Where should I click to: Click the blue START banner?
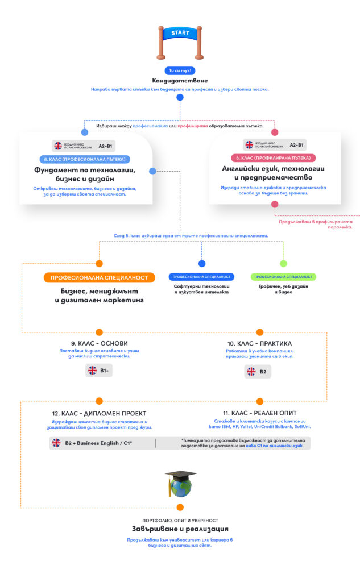[180, 34]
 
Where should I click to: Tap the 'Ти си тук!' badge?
[180, 71]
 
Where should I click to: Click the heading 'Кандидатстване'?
[180, 81]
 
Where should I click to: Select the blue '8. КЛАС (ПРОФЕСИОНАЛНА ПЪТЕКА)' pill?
[85, 159]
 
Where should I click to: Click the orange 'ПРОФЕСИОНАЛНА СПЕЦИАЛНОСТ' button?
[100, 278]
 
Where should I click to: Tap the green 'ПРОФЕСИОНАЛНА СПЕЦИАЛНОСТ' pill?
[283, 277]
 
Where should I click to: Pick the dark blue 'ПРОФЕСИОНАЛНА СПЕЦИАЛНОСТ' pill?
[201, 277]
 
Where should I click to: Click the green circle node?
[283, 264]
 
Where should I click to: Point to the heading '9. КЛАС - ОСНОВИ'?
[99, 343]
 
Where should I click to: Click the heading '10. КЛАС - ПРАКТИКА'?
[259, 343]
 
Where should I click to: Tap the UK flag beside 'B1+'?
[93, 371]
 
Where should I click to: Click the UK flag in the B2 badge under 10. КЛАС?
[251, 372]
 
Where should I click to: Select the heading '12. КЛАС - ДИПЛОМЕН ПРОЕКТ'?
[100, 413]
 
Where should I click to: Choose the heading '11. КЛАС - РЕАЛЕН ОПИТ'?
[260, 413]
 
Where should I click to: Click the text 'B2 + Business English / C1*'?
[98, 443]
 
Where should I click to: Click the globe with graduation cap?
[180, 483]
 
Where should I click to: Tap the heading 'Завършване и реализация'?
[180, 529]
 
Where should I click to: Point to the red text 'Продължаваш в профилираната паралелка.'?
[316, 225]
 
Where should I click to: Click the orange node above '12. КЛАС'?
[100, 401]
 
